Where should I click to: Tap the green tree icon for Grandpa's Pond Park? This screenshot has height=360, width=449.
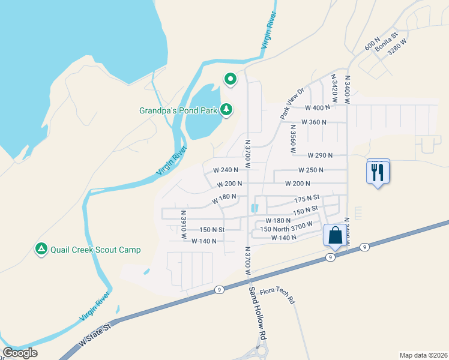(226, 109)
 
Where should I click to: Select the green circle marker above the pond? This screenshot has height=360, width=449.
(230, 79)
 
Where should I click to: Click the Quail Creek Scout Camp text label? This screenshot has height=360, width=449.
(95, 250)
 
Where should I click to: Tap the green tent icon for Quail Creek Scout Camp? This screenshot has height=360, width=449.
(41, 249)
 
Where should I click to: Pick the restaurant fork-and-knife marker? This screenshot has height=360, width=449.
(378, 173)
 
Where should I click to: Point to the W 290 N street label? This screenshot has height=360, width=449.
(320, 155)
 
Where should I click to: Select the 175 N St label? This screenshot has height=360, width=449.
(307, 198)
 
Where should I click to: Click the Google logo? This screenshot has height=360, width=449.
(20, 353)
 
